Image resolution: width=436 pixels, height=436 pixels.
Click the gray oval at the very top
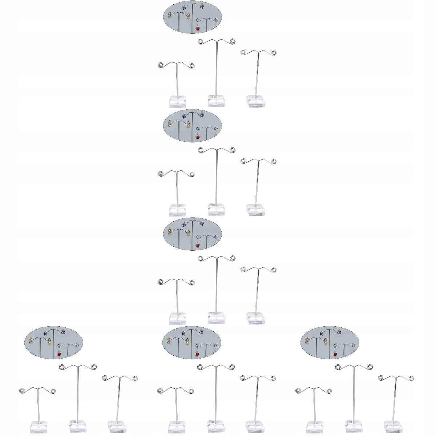tap(192, 17)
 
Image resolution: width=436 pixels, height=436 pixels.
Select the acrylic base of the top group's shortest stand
tap(177, 102)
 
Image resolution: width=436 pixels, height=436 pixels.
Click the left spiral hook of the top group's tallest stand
tap(201, 42)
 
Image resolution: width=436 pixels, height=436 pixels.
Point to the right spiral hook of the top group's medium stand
tap(274, 53)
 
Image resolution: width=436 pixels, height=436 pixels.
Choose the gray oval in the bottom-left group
tap(54, 342)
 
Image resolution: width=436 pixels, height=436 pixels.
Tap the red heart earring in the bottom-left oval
tap(59, 354)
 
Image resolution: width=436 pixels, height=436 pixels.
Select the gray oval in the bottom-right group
tap(330, 342)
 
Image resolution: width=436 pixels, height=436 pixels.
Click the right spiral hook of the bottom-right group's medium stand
tap(412, 379)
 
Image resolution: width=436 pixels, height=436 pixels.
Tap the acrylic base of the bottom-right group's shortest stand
tap(315, 428)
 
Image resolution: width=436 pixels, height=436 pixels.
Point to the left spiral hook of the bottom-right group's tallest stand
tap(338, 368)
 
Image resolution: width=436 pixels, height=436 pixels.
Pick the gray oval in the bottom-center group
tap(192, 342)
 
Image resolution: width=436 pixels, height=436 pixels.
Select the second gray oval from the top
tap(192, 125)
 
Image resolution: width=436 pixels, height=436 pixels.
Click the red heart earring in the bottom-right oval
tap(335, 354)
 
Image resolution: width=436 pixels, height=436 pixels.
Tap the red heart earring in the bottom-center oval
tap(197, 354)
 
